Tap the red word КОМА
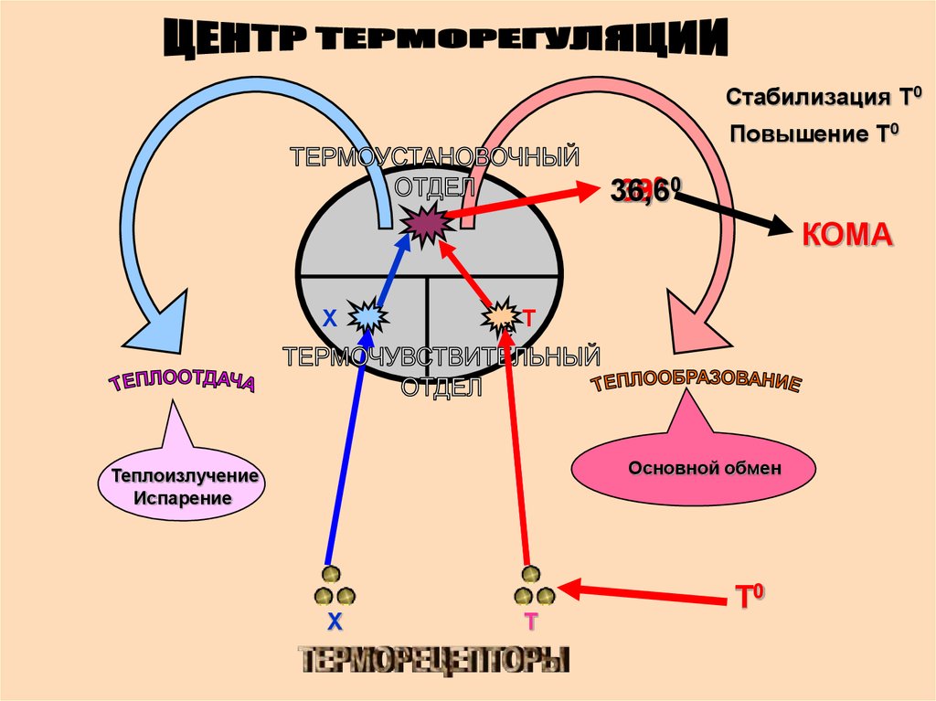846,234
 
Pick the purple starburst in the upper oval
423,224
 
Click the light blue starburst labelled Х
368,316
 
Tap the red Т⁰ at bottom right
749,598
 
